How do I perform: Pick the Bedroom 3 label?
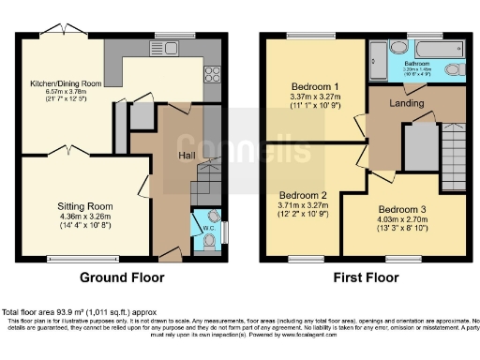click(x=403, y=209)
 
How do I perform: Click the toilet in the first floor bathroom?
click(x=454, y=70)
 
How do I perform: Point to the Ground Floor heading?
click(x=122, y=278)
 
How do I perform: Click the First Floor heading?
click(x=364, y=278)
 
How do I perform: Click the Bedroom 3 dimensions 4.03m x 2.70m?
click(x=403, y=220)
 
